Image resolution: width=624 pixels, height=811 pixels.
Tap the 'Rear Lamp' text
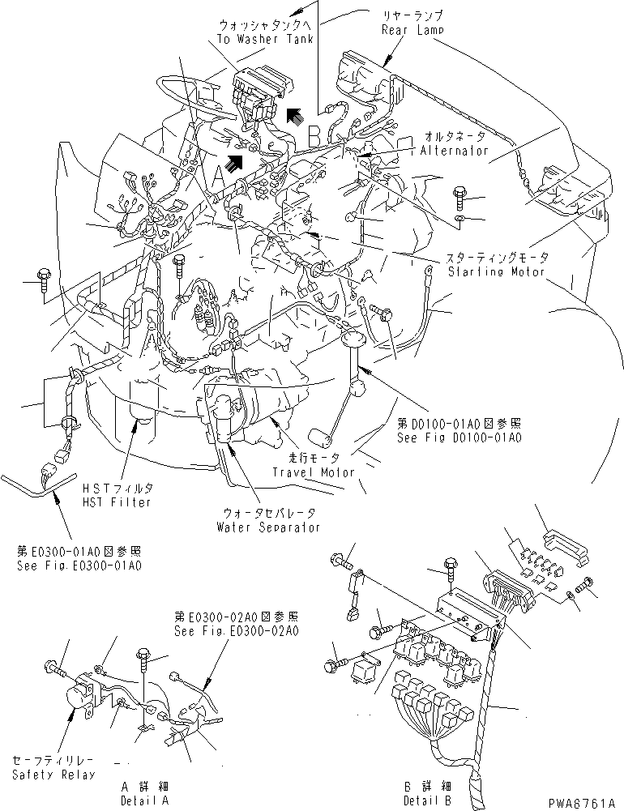(411, 30)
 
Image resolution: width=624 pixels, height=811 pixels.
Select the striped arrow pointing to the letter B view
(296, 115)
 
